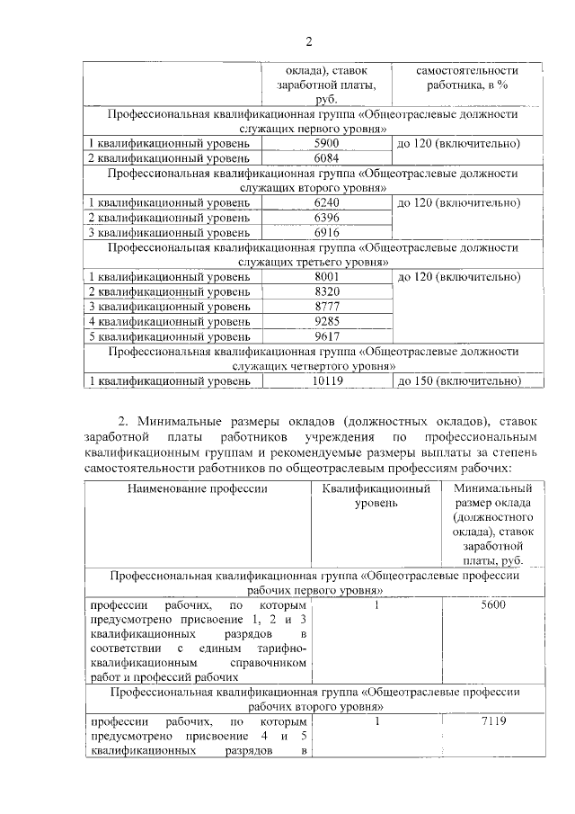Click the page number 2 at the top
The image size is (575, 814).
click(308, 41)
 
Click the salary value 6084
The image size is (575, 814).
click(326, 158)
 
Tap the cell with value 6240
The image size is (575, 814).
click(326, 203)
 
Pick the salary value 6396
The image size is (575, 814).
click(326, 218)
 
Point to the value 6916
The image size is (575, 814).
click(326, 232)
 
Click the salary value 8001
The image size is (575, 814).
click(326, 277)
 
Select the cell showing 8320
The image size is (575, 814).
click(326, 291)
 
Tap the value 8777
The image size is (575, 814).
click(326, 307)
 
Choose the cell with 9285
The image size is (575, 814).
click(326, 321)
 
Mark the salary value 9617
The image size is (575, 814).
click(326, 335)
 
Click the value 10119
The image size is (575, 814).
click(326, 380)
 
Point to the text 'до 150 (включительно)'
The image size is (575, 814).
click(458, 380)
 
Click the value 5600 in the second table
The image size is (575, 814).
click(493, 605)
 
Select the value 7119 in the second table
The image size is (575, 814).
click(493, 721)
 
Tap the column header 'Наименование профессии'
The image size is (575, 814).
click(197, 488)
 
